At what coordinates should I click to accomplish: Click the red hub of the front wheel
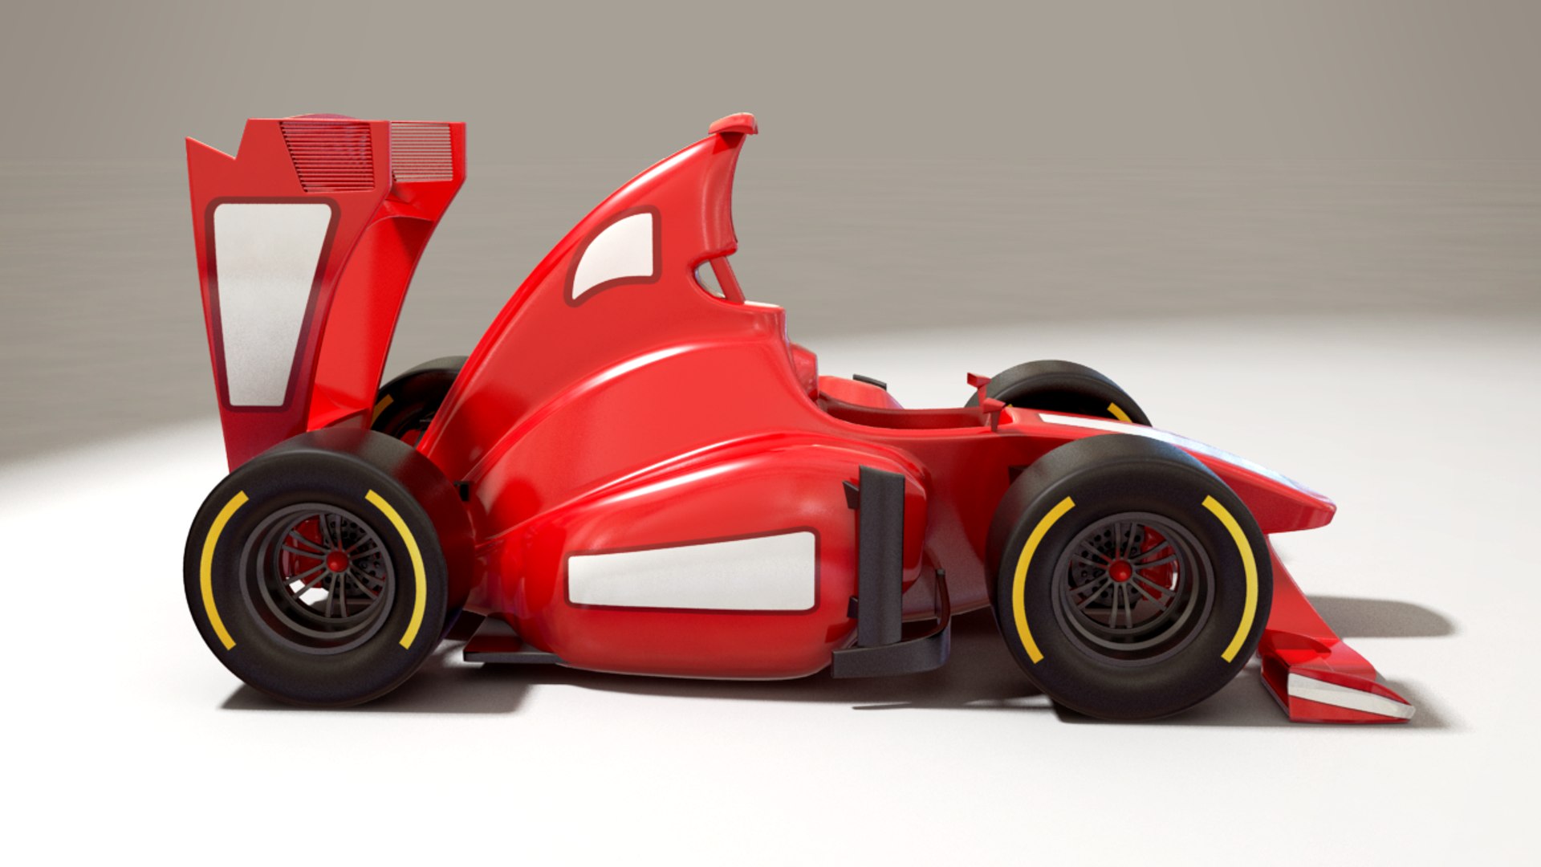(1120, 571)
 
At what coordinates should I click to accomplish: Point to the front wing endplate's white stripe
(1348, 694)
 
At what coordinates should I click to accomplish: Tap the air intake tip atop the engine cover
(734, 124)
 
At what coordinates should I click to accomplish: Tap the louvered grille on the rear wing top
(329, 154)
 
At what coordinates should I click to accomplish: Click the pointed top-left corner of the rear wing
(190, 142)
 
